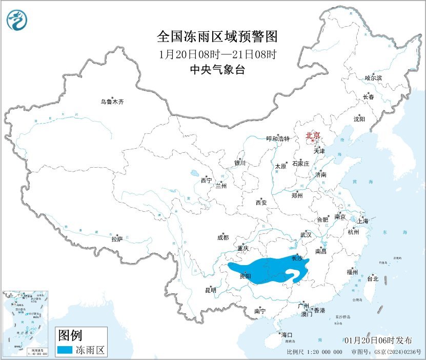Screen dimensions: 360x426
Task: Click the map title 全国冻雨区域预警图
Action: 217,37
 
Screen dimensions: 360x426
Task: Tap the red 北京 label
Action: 312,136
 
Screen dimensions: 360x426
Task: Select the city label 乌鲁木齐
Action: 112,102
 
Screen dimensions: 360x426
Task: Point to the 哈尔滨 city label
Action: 373,78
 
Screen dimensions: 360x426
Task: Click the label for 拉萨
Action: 117,239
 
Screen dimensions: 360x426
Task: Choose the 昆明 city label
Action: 211,290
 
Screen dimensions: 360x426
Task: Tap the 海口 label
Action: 287,335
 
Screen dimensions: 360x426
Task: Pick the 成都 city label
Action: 223,237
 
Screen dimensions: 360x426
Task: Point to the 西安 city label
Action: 261,203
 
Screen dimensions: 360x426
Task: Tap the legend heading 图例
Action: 70,336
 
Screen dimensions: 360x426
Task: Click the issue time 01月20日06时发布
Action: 378,341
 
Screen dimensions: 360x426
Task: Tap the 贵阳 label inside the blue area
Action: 246,276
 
